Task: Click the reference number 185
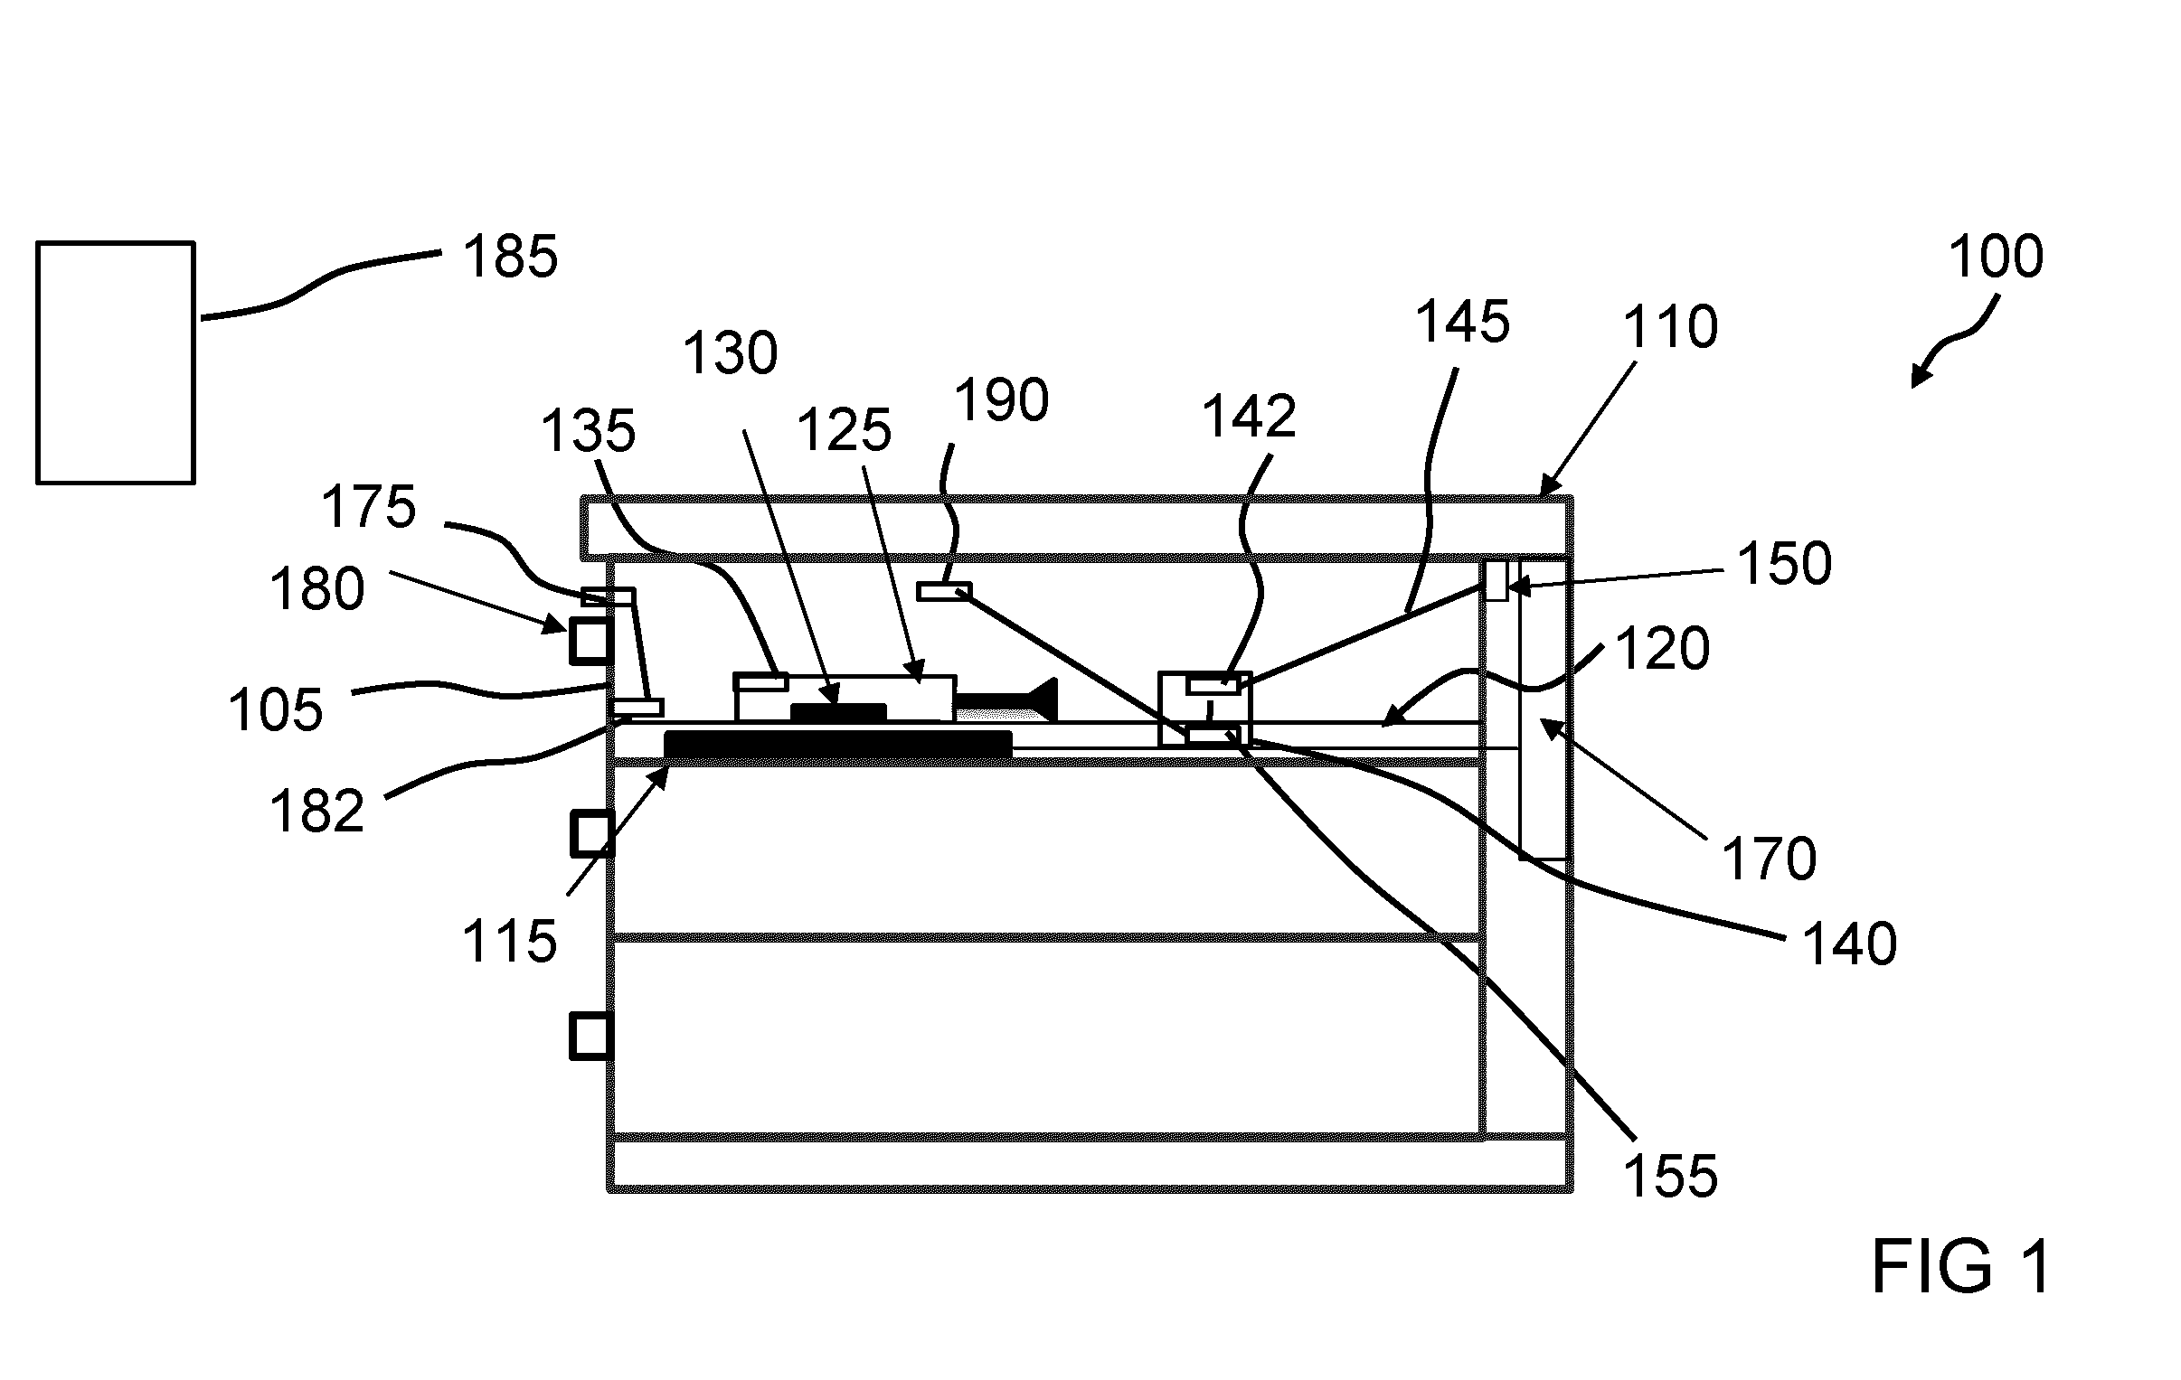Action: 510,257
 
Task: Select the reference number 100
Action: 1997,257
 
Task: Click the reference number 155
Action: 1670,1177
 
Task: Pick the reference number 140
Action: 1849,944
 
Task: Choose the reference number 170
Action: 1768,859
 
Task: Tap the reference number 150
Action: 1784,563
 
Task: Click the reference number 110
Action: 1670,327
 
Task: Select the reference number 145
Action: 1463,322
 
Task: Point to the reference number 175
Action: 369,506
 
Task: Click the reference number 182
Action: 317,811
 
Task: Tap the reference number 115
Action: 509,942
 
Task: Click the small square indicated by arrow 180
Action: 591,642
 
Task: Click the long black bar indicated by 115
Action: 838,745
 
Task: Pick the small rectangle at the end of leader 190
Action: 944,592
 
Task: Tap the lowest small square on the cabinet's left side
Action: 591,1037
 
